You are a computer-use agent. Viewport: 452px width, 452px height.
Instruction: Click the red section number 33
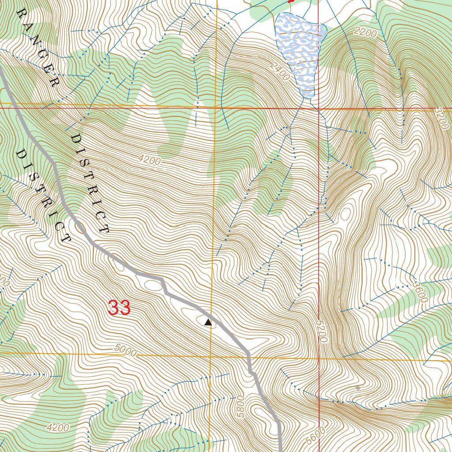120,308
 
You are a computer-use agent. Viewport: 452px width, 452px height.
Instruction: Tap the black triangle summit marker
208,323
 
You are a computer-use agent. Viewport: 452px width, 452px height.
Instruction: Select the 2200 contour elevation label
365,32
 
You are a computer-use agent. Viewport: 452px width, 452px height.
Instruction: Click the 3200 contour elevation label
440,118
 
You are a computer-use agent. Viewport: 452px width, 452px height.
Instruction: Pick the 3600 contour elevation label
421,292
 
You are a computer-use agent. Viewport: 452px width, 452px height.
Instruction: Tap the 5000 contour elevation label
125,350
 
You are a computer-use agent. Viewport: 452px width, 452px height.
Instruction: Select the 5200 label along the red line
322,332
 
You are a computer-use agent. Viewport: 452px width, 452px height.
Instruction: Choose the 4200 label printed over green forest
57,427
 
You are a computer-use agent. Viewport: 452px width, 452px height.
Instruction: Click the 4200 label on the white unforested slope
149,160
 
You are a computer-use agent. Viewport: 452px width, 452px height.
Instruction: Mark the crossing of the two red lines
319,108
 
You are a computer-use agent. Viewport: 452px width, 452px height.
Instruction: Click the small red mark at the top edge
290,1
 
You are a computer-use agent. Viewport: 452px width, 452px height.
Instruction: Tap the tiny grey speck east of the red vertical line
358,388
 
